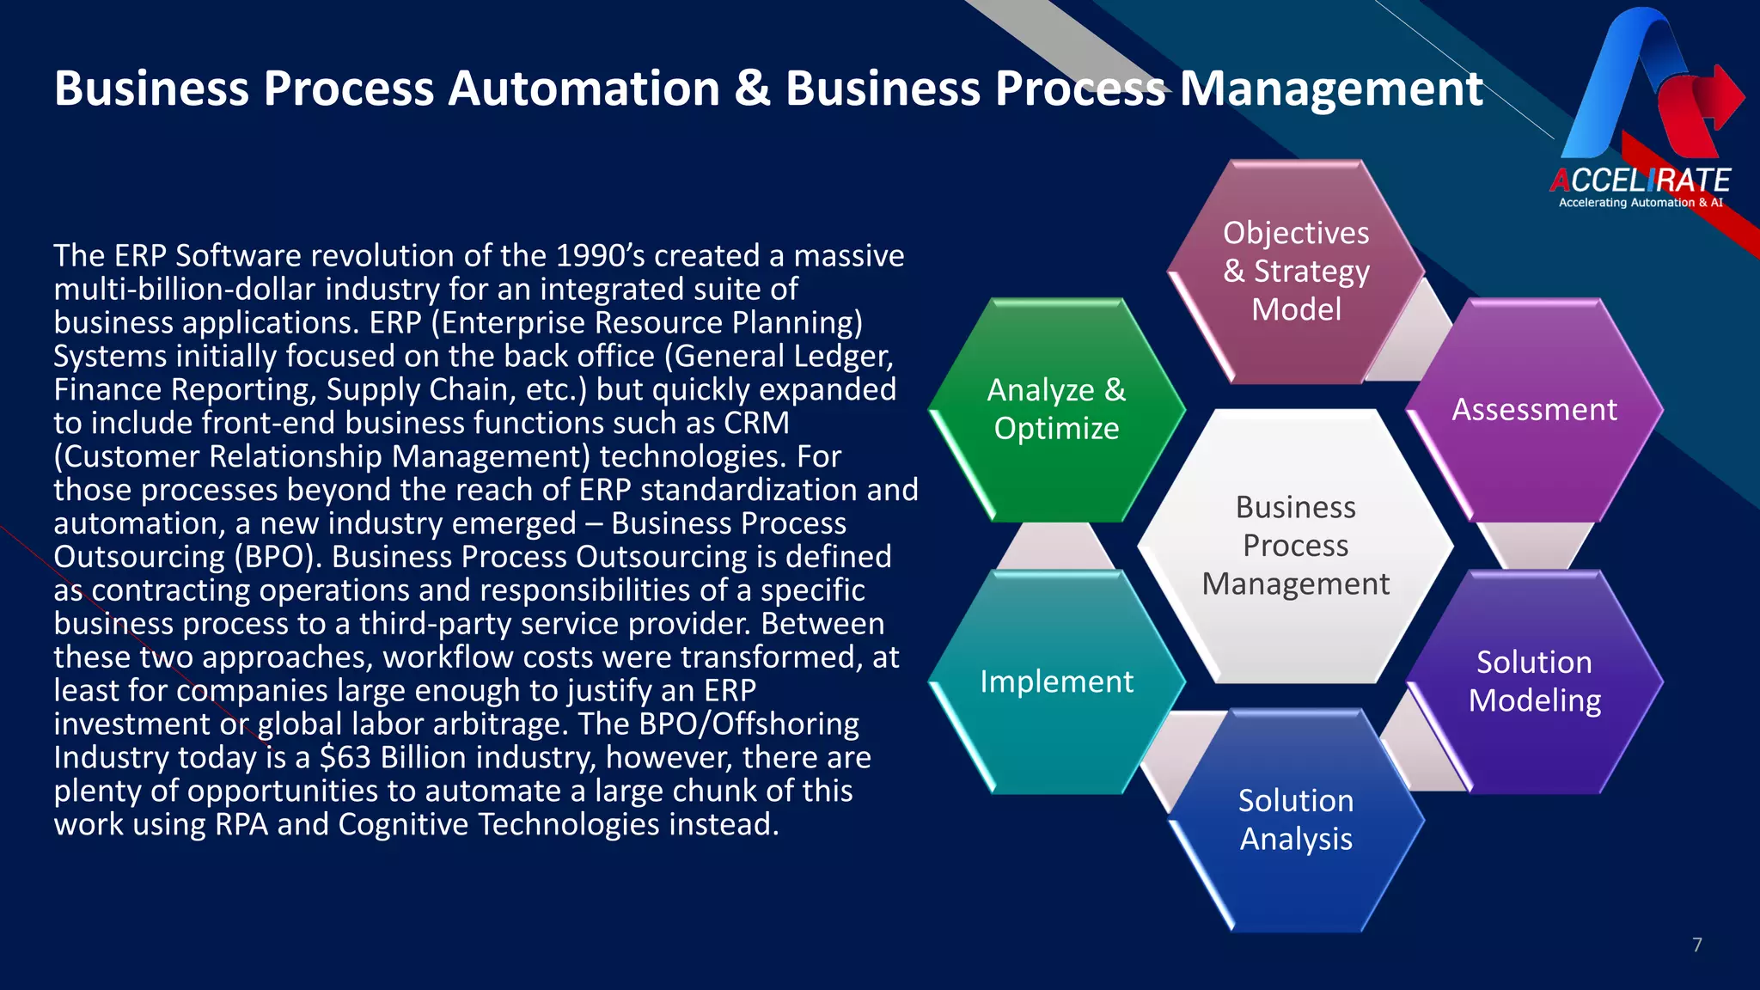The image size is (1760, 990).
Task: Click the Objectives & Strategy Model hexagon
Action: pyautogui.click(x=1296, y=272)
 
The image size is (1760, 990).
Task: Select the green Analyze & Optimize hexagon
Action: pyautogui.click(x=1056, y=410)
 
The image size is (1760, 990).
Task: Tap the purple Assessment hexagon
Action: pyautogui.click(x=1534, y=410)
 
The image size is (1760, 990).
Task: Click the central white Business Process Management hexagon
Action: pyautogui.click(x=1295, y=546)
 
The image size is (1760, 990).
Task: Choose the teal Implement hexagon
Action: pyautogui.click(x=1056, y=681)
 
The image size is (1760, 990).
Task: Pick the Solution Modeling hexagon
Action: pyautogui.click(x=1534, y=681)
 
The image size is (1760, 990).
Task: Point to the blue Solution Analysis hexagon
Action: pyautogui.click(x=1295, y=820)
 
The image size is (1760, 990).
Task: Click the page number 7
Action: pyautogui.click(x=1696, y=945)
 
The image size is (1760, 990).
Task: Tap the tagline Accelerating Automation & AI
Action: pyautogui.click(x=1640, y=203)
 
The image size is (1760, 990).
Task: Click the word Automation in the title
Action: pyautogui.click(x=584, y=89)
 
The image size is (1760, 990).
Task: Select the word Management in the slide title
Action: pyautogui.click(x=1330, y=89)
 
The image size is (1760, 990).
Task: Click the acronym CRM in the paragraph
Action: pyautogui.click(x=756, y=423)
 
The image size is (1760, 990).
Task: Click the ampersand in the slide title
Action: pyautogui.click(x=752, y=89)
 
